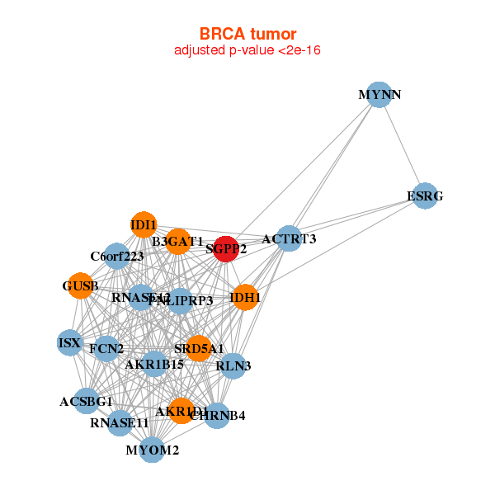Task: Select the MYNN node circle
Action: pyautogui.click(x=378, y=95)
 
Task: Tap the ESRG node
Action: pyautogui.click(x=425, y=196)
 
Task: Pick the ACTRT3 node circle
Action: pyautogui.click(x=288, y=239)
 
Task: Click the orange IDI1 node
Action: pyautogui.click(x=144, y=224)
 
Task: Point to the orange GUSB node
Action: pyautogui.click(x=80, y=286)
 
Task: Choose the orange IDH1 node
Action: pyautogui.click(x=245, y=297)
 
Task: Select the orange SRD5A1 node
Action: pyautogui.click(x=198, y=348)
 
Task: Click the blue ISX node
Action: pyautogui.click(x=69, y=342)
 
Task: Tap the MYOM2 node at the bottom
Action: pyautogui.click(x=152, y=450)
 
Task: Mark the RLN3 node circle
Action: pyautogui.click(x=233, y=365)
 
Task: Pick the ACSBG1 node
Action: pyautogui.click(x=87, y=402)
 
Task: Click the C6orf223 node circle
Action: pyautogui.click(x=117, y=257)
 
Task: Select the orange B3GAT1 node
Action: pyautogui.click(x=177, y=242)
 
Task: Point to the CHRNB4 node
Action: pyautogui.click(x=217, y=415)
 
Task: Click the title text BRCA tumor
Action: pyautogui.click(x=247, y=34)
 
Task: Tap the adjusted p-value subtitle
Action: pyautogui.click(x=247, y=51)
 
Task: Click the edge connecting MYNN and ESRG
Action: pyautogui.click(x=402, y=146)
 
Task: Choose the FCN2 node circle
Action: pyautogui.click(x=107, y=349)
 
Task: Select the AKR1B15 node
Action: pyautogui.click(x=154, y=364)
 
